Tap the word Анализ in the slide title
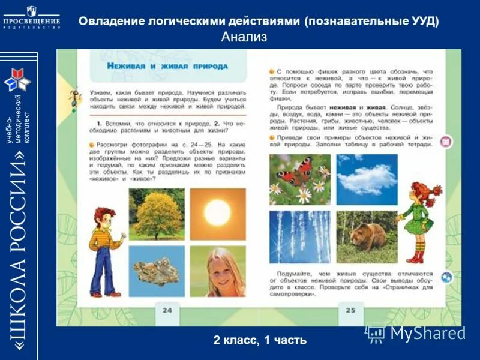(244, 37)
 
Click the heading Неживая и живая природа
(167, 66)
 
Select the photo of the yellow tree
(157, 214)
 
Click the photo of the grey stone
(157, 271)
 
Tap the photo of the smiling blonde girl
(217, 271)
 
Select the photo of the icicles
(299, 237)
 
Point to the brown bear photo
(367, 237)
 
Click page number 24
(167, 310)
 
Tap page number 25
(350, 310)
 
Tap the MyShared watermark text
(427, 334)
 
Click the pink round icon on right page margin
(446, 142)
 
